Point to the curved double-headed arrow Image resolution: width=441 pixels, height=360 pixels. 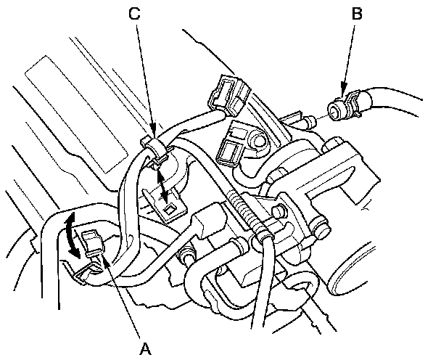[69, 235]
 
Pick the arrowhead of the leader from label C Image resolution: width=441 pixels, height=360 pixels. [153, 138]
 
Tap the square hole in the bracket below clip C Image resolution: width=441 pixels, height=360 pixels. [168, 209]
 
